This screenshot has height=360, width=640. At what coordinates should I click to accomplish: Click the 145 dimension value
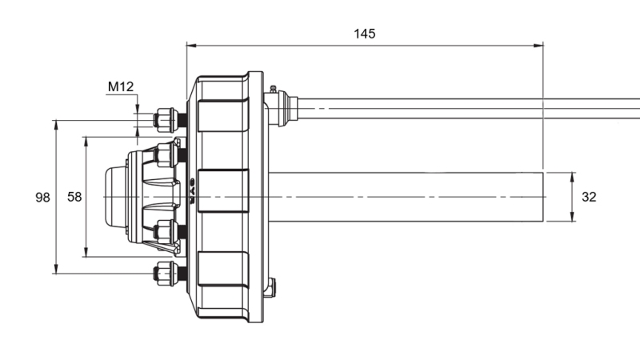click(364, 34)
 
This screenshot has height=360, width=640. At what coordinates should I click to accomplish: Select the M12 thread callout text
click(120, 86)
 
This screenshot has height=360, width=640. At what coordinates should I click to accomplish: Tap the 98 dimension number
click(43, 197)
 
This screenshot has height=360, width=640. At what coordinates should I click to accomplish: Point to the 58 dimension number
click(74, 197)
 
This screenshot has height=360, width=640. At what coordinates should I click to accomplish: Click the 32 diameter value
click(589, 197)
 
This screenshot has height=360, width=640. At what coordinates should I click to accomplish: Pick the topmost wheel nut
click(166, 121)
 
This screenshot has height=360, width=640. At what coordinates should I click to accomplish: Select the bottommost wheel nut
click(166, 274)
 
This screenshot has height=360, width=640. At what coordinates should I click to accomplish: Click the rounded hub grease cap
click(115, 196)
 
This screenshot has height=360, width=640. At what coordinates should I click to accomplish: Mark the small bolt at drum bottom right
click(270, 286)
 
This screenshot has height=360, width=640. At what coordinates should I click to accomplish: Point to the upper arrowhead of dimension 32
click(573, 176)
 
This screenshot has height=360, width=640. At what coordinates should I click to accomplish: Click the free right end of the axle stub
click(542, 197)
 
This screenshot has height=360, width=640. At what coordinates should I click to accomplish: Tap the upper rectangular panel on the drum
click(223, 116)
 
